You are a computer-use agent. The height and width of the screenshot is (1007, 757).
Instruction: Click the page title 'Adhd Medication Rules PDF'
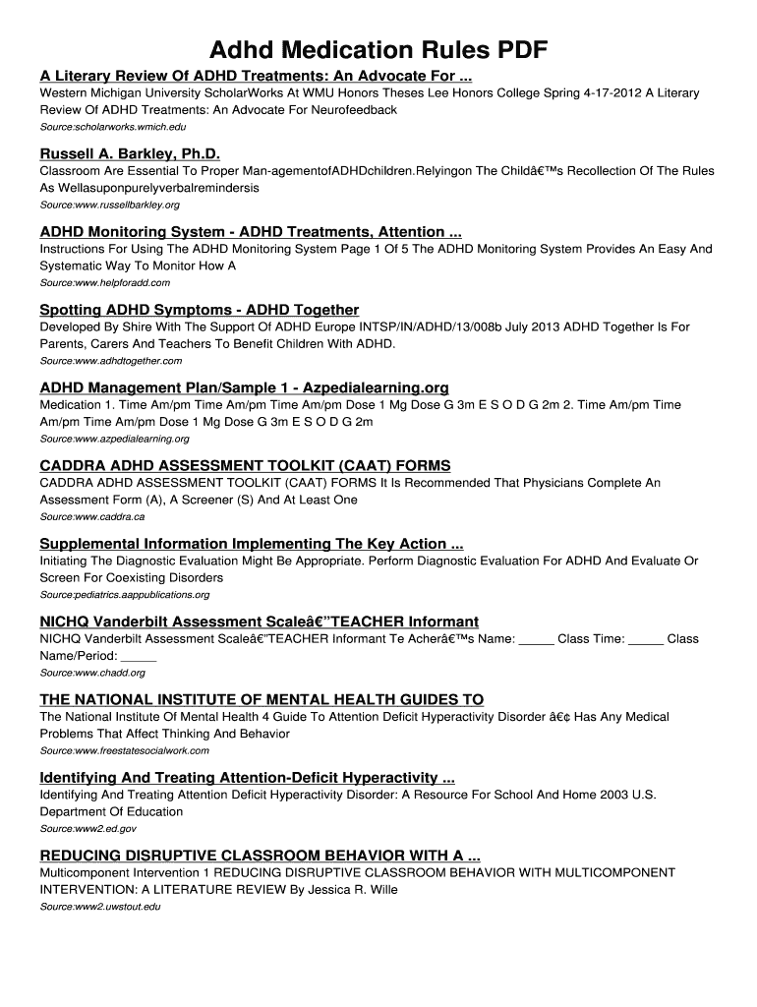(x=378, y=50)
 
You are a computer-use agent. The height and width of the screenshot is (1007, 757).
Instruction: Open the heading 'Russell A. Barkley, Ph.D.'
(x=130, y=154)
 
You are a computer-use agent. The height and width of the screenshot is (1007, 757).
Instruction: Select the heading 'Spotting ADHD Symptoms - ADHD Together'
(x=199, y=310)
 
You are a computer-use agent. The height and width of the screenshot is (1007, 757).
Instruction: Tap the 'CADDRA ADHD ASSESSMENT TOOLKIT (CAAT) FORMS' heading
(x=245, y=465)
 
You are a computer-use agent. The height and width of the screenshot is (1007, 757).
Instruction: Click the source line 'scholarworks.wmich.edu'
(x=112, y=128)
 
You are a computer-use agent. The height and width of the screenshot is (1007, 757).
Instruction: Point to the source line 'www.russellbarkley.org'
(x=109, y=205)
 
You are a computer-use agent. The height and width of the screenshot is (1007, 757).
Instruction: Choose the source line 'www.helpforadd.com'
(x=104, y=282)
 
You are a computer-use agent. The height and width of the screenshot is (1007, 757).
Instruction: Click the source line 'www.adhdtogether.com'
(x=110, y=361)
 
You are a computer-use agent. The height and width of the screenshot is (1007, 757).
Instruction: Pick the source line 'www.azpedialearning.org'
(x=114, y=439)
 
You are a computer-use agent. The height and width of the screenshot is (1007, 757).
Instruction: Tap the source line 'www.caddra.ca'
(x=91, y=516)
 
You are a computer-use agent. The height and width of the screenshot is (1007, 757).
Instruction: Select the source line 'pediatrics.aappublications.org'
(x=124, y=595)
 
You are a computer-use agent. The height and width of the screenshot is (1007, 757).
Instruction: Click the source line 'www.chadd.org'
(x=92, y=673)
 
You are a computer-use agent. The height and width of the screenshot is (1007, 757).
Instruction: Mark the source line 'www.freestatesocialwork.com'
(x=124, y=750)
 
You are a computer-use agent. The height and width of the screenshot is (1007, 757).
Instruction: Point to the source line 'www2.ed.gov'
(x=87, y=829)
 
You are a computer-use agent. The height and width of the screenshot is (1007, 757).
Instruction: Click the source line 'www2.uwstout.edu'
(x=99, y=907)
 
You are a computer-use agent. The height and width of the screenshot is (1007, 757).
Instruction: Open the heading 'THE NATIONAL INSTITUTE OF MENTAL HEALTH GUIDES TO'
(x=262, y=699)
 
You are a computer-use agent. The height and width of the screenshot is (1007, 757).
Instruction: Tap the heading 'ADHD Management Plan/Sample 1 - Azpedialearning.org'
(x=244, y=387)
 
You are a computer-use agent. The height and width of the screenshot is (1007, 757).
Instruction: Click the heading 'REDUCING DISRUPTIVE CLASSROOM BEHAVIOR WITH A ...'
(x=260, y=855)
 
